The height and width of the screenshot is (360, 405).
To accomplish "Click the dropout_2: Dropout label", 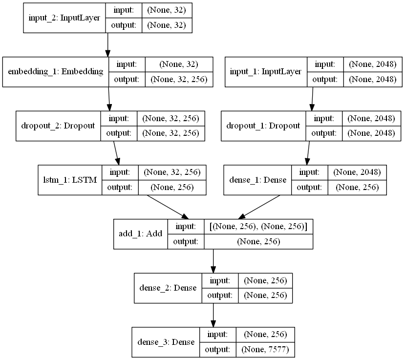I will pos(58,126).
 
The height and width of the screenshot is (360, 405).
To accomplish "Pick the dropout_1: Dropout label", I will pos(263,126).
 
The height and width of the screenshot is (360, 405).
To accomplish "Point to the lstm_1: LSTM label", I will pos(70,180).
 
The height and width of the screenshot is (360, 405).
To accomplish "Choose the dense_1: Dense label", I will pos(257,180).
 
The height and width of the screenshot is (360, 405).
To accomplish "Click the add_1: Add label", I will pos(140,234).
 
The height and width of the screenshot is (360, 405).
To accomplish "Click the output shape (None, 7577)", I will pos(266,349).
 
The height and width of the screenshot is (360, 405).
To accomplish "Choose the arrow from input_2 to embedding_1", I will pos(107,45).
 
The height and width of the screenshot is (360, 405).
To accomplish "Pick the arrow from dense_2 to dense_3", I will pos(213,315).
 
